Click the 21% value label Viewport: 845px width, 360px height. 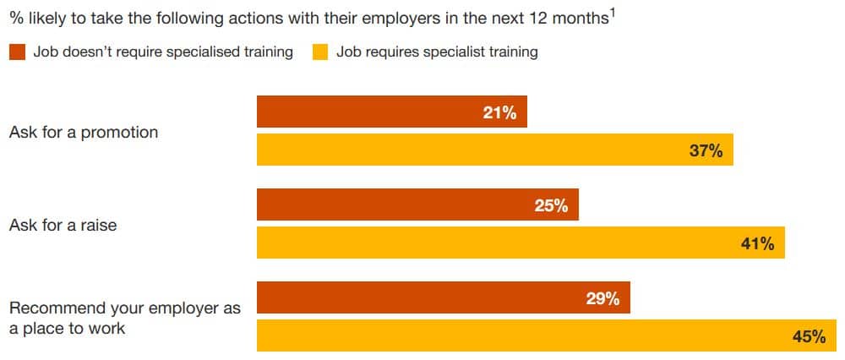tap(499, 112)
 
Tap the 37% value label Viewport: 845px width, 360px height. tap(706, 151)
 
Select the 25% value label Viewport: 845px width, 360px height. tap(551, 205)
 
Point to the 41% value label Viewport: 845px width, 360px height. tap(757, 244)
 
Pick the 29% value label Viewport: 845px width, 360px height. tap(602, 298)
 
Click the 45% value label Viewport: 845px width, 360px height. tap(809, 336)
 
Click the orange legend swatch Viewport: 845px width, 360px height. tap(17, 52)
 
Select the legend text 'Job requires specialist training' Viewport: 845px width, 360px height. tap(437, 52)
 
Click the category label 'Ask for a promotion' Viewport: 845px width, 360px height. tap(84, 133)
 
